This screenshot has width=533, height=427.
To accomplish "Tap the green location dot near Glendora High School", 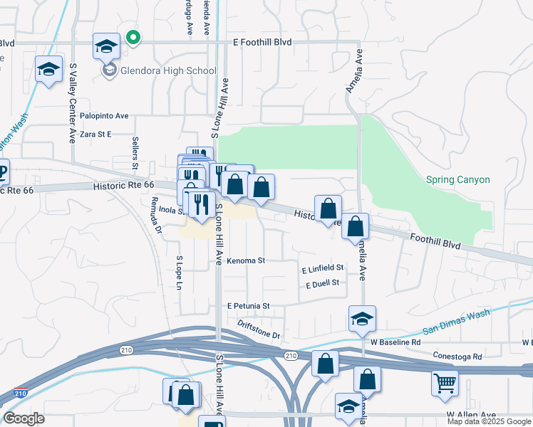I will [x=132, y=38].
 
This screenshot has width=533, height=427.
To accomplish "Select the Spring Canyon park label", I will [x=458, y=180].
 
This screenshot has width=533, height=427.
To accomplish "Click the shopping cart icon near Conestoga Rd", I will [x=445, y=384].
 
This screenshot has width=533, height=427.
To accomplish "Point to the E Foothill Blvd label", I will [x=263, y=43].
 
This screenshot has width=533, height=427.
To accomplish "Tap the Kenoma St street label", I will [x=246, y=261].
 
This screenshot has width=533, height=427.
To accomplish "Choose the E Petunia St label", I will [x=248, y=306].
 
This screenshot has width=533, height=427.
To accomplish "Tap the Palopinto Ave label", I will [x=104, y=115].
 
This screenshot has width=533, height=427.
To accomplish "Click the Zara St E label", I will [x=96, y=134].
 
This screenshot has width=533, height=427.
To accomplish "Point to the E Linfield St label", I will [x=323, y=268].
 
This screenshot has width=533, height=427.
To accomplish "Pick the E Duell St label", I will [x=321, y=284].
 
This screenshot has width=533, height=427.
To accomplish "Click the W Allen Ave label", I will [x=470, y=414].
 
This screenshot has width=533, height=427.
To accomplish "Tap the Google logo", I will [x=24, y=418].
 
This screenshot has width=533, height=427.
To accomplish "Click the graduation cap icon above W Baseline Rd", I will [x=362, y=319].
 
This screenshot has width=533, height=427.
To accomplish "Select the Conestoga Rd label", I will [x=457, y=356].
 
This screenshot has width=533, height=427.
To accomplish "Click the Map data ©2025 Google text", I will [x=489, y=421].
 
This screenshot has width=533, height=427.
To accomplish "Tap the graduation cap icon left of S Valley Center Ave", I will [x=48, y=70].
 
